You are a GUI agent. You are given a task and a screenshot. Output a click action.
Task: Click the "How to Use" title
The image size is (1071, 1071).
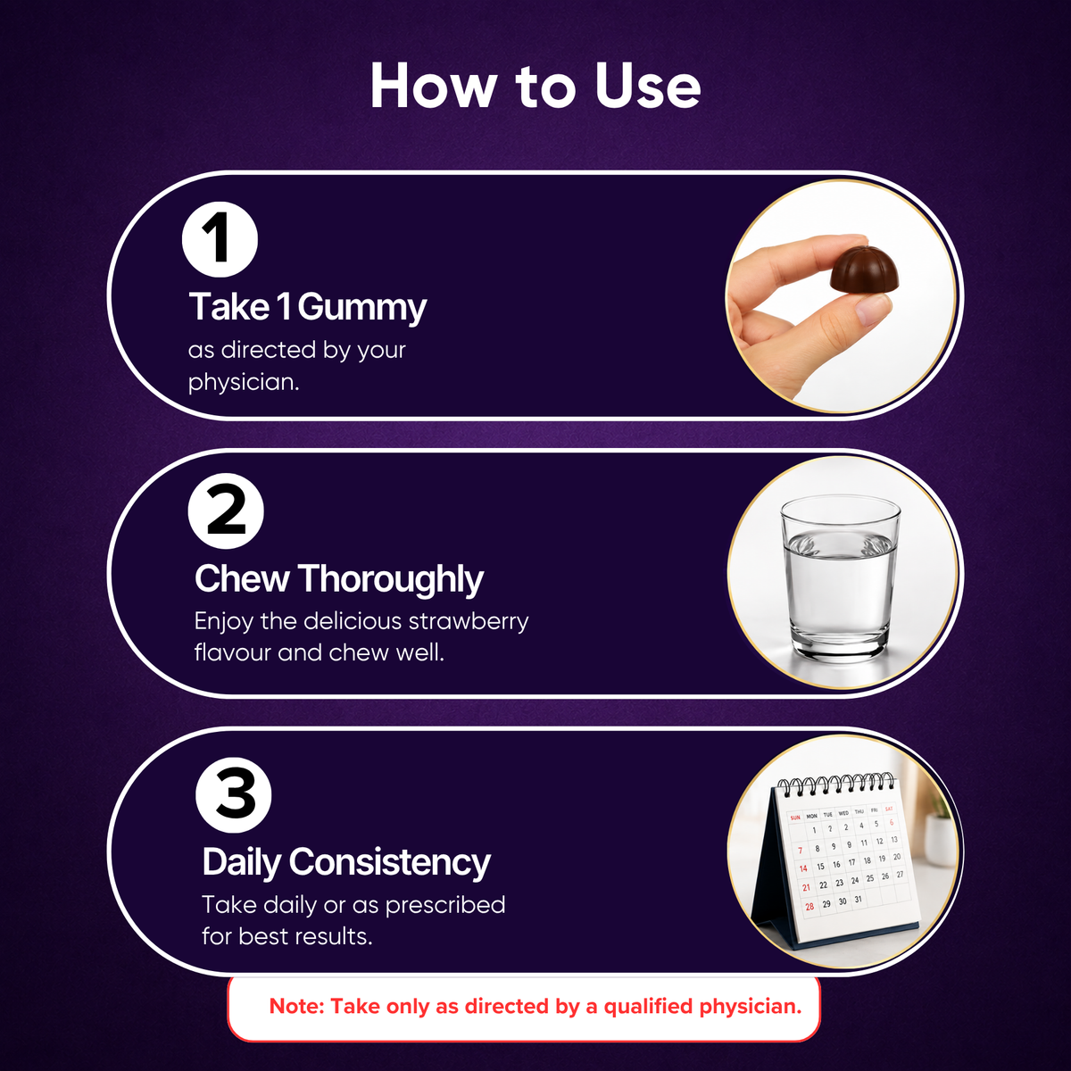[x=535, y=87]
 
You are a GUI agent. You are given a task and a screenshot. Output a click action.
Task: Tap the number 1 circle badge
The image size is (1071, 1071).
[x=220, y=239]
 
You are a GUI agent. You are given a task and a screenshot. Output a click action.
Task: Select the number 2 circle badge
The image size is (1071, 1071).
[x=226, y=511]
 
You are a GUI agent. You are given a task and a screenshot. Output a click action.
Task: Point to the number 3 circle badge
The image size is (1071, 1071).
[x=234, y=795]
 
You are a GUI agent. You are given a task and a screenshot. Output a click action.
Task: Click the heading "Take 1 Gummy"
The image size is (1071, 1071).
[x=307, y=307]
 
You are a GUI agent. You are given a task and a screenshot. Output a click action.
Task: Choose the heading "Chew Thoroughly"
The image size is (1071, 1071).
[x=339, y=580]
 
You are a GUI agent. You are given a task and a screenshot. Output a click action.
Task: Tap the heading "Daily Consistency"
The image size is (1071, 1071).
[x=346, y=862]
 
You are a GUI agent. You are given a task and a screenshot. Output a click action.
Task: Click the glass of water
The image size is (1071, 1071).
[x=841, y=578]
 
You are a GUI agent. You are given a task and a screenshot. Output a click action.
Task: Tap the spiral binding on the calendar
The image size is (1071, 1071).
[x=836, y=783]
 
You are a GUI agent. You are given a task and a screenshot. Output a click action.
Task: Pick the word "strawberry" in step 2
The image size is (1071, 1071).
[x=469, y=622]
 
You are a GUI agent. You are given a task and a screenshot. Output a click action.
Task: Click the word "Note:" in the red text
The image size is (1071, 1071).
[x=296, y=1007]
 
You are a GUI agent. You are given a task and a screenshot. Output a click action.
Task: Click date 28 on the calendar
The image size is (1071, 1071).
[x=809, y=907]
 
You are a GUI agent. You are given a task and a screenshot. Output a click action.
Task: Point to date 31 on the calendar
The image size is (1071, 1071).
[x=858, y=900]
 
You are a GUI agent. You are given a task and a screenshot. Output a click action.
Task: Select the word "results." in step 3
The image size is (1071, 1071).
[x=333, y=937]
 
